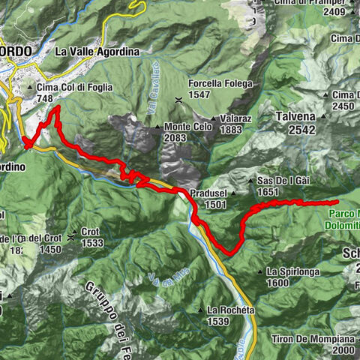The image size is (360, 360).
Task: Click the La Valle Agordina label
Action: (x=97, y=52)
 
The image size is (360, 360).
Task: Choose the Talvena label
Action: (x=298, y=116)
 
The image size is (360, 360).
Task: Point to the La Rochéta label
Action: (x=228, y=310)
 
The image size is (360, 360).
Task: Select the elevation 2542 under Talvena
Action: (x=298, y=130)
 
